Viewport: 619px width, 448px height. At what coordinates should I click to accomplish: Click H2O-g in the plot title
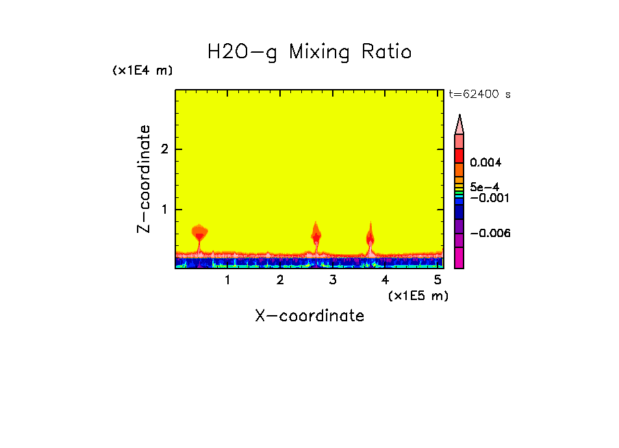pyautogui.click(x=242, y=52)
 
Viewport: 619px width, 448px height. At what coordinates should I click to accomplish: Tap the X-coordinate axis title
pyautogui.click(x=309, y=316)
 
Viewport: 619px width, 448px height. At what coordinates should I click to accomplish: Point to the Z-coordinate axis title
pyautogui.click(x=144, y=179)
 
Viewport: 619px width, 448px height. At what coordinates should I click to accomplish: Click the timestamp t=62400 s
pyautogui.click(x=479, y=95)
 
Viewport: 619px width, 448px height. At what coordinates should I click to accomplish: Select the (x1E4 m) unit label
pyautogui.click(x=142, y=71)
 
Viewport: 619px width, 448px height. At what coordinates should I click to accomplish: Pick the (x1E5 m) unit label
pyautogui.click(x=418, y=295)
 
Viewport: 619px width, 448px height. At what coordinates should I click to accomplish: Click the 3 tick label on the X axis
pyautogui.click(x=333, y=280)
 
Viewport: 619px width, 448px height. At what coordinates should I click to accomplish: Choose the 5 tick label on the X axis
pyautogui.click(x=438, y=280)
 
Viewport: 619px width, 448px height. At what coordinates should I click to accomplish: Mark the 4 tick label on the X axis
pyautogui.click(x=386, y=280)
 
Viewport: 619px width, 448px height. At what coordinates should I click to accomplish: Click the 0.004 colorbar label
pyautogui.click(x=486, y=163)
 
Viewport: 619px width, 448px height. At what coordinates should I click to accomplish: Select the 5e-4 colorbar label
pyautogui.click(x=484, y=186)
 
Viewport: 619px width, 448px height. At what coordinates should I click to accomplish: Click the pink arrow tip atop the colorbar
pyautogui.click(x=459, y=124)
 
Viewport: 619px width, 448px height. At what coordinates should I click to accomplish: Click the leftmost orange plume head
pyautogui.click(x=199, y=231)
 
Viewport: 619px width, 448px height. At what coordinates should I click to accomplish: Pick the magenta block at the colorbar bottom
pyautogui.click(x=459, y=258)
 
